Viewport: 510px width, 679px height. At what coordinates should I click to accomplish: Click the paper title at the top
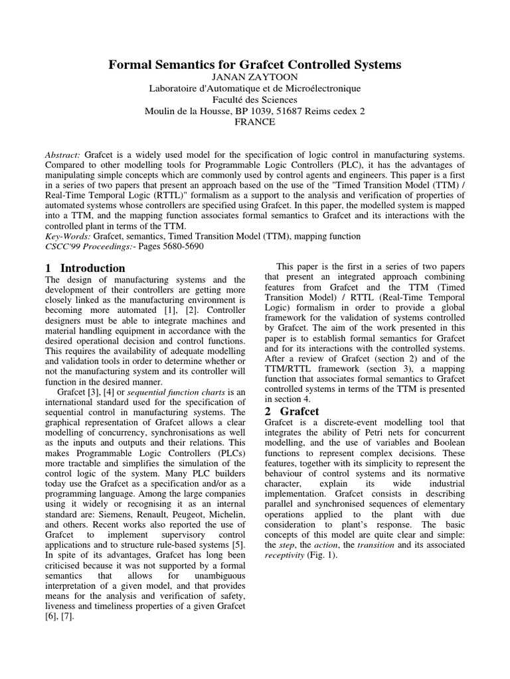pos(255,65)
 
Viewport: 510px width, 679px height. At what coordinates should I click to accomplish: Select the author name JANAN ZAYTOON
pos(255,77)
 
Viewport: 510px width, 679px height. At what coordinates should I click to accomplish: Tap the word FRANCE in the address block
pos(255,122)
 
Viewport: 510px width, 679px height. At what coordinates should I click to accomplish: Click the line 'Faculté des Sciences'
pos(255,99)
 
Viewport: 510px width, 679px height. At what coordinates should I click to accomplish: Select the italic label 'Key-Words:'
pos(68,235)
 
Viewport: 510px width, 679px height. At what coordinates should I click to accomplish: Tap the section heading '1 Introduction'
pos(86,269)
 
